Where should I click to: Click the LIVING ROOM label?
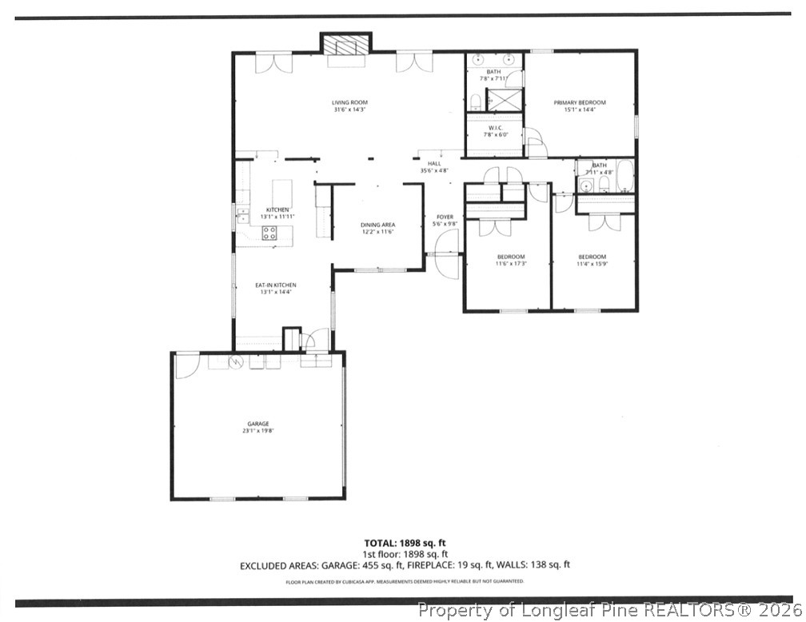350,102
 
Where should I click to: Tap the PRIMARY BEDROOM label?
580,102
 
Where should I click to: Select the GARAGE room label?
257,424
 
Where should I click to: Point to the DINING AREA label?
377,225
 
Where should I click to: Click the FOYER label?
445,217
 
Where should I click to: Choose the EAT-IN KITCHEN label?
276,285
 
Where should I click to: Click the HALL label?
434,163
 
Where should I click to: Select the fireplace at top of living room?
346,46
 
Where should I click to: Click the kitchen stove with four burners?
270,233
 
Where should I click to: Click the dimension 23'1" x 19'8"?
257,431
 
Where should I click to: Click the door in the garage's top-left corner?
186,366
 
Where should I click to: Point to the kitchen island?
281,193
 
